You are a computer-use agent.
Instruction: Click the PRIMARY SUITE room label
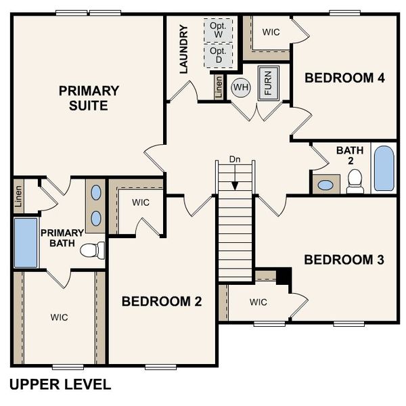[x=89, y=98]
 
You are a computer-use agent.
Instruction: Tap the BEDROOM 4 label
[x=344, y=78]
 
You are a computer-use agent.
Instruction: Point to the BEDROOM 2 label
[x=162, y=302]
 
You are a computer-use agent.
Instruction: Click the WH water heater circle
[x=240, y=87]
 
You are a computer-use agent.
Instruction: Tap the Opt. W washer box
[x=219, y=30]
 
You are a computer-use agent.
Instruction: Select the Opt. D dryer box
[x=219, y=55]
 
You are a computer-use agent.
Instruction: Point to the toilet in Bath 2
[x=355, y=181]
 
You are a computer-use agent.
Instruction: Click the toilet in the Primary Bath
[x=93, y=250]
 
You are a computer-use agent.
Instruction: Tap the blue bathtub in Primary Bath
[x=26, y=242]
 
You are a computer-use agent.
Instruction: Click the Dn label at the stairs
[x=235, y=159]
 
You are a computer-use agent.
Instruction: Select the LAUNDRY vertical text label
[x=183, y=49]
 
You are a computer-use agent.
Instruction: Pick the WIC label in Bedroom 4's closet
[x=271, y=32]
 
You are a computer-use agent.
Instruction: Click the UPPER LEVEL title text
[x=60, y=385]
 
